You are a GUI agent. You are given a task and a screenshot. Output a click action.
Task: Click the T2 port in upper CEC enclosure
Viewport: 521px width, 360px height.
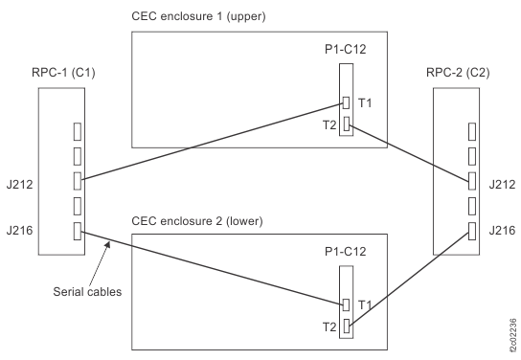347,124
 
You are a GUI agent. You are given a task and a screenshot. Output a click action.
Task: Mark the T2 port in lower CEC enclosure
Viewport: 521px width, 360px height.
347,327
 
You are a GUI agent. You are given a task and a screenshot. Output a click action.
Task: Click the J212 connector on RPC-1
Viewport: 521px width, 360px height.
77,179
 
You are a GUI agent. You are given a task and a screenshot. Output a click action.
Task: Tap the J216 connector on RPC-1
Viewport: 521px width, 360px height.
77,230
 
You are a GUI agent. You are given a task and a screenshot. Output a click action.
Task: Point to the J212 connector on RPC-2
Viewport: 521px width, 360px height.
470,179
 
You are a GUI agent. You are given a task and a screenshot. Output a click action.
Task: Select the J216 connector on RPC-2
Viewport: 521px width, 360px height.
470,230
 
